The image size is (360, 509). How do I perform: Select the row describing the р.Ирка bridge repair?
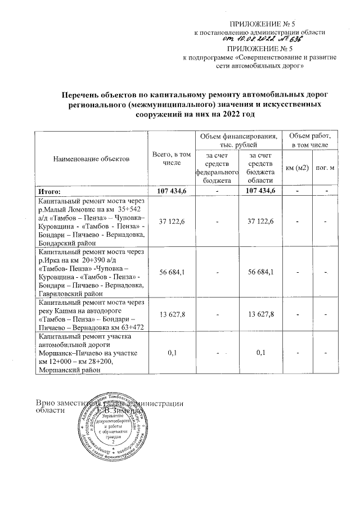coord(91,272)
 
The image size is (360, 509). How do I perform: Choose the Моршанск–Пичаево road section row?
coord(91,353)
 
